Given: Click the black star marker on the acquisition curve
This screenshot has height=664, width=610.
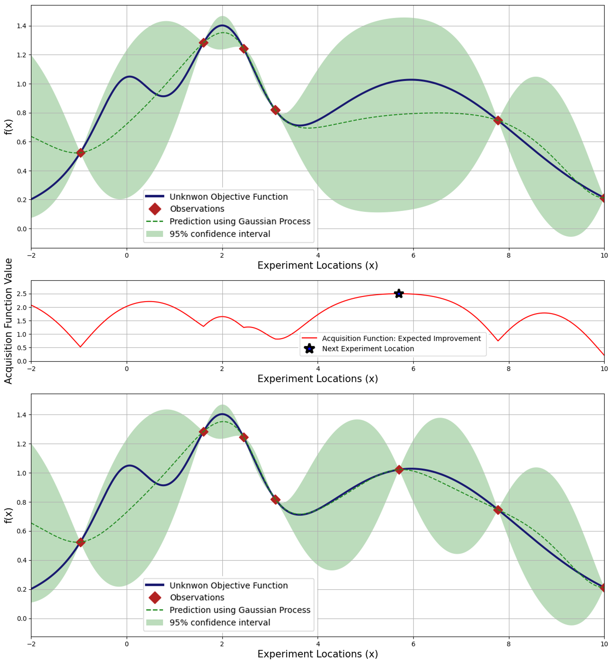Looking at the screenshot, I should [399, 294].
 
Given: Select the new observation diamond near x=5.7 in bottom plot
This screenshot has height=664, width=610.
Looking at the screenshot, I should [399, 469].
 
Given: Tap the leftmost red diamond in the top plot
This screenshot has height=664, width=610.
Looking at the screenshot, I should [80, 153].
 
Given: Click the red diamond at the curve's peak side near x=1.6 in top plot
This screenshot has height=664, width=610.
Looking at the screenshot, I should [203, 43].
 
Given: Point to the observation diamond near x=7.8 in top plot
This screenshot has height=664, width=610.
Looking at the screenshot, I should [498, 120].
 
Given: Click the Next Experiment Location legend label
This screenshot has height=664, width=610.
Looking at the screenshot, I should [368, 349].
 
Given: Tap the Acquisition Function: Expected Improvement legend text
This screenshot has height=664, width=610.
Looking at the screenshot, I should [401, 339].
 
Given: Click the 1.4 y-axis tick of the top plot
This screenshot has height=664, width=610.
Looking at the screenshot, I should [22, 26].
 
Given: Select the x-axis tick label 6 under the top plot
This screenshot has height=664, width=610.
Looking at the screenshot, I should [413, 255].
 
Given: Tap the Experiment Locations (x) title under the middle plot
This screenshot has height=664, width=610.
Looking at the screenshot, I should [318, 379].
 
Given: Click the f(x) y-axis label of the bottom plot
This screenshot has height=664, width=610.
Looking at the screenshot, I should [8, 515].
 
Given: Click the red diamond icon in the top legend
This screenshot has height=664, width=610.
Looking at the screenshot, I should [155, 209].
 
